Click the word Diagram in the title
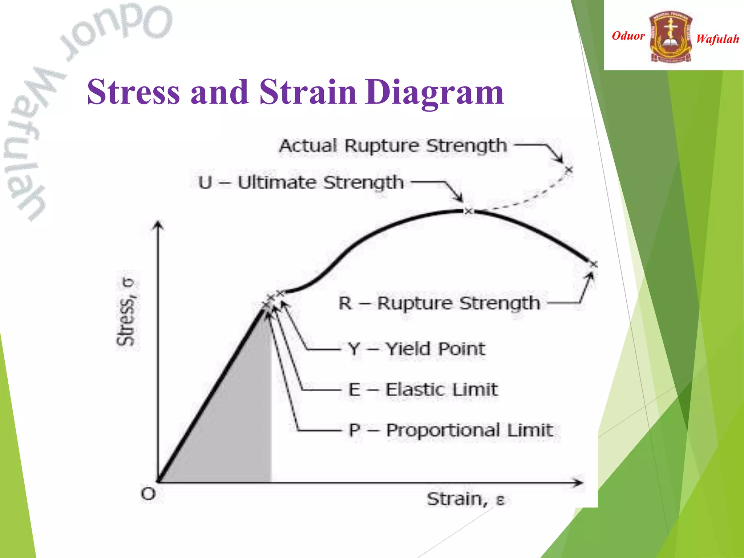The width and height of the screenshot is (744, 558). coord(434,92)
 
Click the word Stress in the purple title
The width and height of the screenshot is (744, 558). coord(133,92)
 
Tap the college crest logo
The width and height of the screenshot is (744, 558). coord(671,36)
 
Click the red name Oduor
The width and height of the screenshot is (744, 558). coord(628,36)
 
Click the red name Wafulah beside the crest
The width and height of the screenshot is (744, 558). coord(717,39)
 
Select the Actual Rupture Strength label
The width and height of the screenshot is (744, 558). coord(393,146)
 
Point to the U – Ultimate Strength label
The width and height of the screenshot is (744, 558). coord(301,182)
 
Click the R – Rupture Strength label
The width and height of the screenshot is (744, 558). coord(439,303)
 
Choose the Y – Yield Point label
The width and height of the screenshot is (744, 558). coord(416,349)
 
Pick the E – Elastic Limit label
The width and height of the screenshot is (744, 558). coord(423,390)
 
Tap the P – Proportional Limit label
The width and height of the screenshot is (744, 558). coord(450,430)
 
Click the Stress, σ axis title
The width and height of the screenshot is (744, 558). coord(126,312)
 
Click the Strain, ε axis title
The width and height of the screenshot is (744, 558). coord(465,499)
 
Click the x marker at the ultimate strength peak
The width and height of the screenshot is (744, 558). coord(469,211)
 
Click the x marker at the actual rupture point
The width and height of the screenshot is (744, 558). coord(569,170)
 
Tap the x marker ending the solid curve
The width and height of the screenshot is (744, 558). coord(593,264)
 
